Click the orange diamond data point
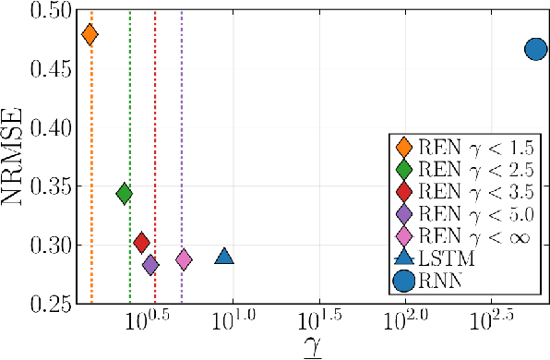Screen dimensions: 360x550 90,35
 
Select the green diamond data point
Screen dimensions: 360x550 125,193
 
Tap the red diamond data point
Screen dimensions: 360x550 141,243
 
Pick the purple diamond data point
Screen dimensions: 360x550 150,265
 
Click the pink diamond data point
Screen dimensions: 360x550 184,259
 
